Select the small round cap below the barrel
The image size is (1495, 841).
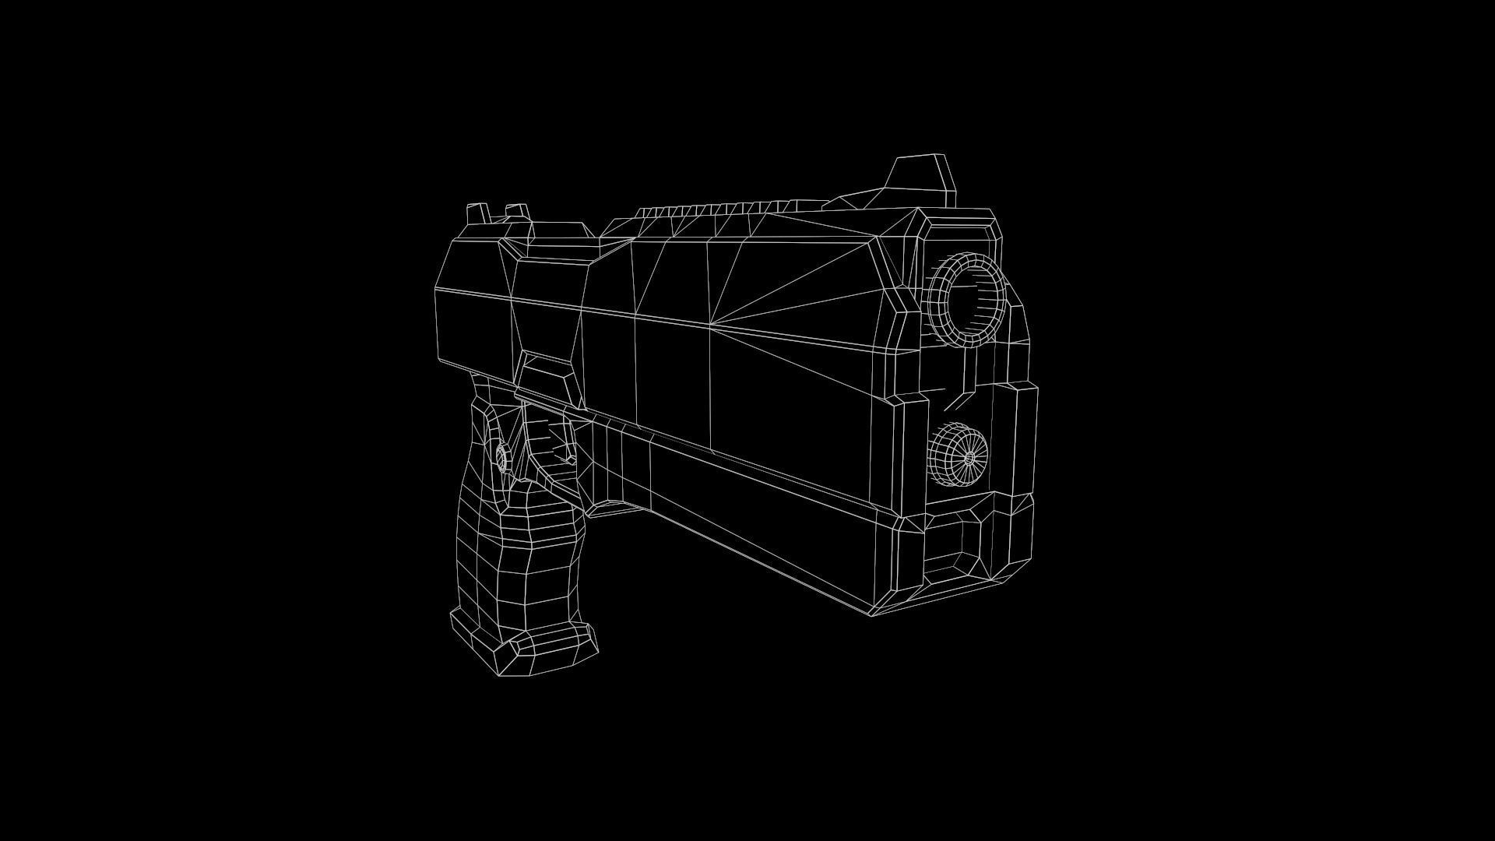click(958, 455)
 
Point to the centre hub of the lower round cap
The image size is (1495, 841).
click(969, 459)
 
